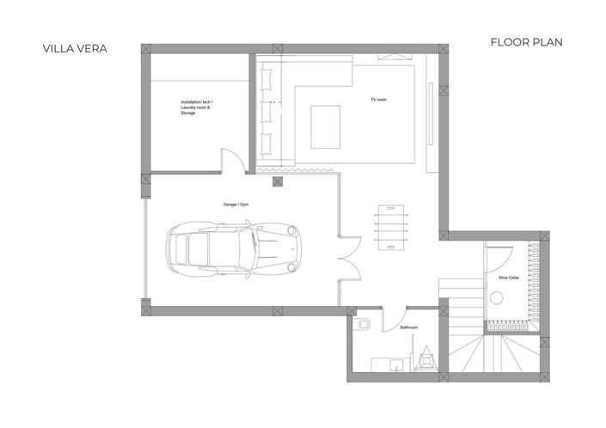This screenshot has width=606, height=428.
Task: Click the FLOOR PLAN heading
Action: (x=526, y=41)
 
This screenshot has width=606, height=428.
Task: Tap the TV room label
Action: (x=378, y=100)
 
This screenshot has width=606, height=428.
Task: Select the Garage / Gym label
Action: (x=236, y=205)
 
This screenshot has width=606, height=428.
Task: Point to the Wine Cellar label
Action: (x=508, y=278)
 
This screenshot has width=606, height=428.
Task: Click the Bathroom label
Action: (x=409, y=327)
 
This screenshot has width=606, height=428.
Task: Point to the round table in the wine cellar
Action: (x=497, y=297)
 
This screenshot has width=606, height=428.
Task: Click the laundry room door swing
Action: (x=231, y=161)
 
